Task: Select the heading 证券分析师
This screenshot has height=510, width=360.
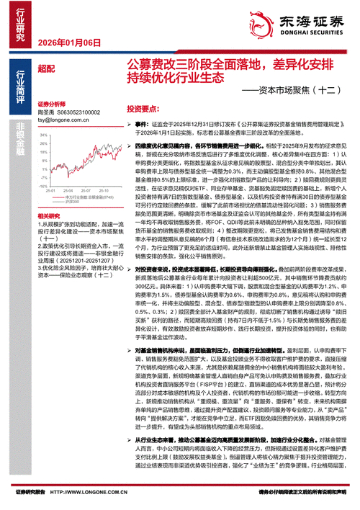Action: point(51,104)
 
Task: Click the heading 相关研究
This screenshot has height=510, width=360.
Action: point(48,216)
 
